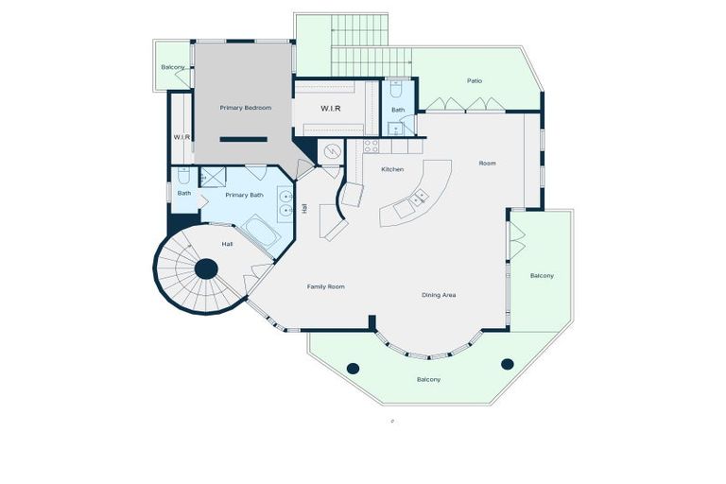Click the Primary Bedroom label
(245, 108)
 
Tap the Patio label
(475, 80)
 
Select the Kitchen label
(392, 169)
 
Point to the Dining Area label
(439, 295)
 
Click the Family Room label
(325, 285)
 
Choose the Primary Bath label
(244, 195)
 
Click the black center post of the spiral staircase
(206, 269)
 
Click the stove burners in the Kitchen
(371, 147)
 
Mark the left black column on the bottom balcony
(353, 368)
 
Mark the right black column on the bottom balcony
(507, 363)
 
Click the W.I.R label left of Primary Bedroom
(181, 137)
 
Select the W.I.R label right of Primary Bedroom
(330, 109)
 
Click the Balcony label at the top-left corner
(172, 67)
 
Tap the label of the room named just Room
(487, 164)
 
